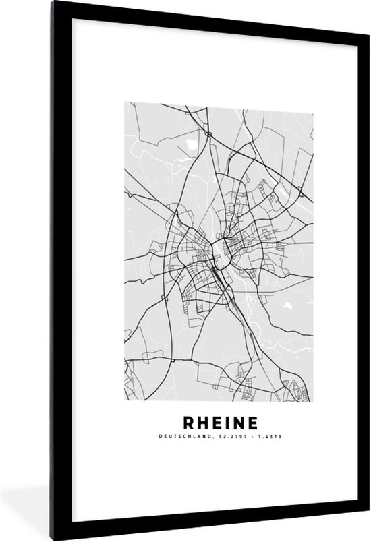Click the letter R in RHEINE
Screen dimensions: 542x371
tap(189, 423)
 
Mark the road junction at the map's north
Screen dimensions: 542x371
tap(209, 135)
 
